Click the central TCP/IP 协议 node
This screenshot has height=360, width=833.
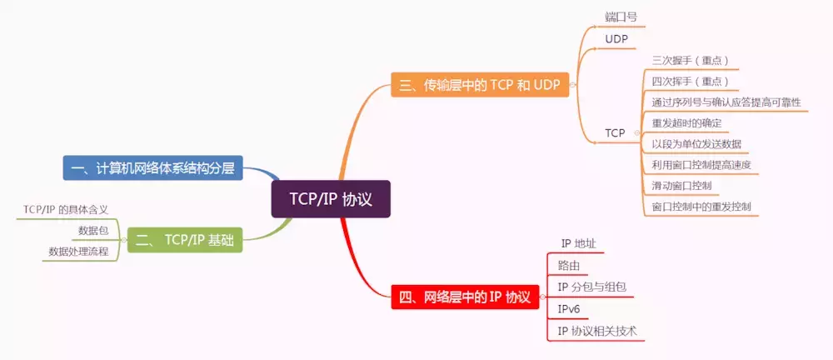(331, 200)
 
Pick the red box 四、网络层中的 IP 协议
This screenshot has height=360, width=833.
(463, 297)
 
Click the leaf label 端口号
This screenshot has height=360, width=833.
(621, 17)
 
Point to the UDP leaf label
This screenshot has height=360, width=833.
(616, 39)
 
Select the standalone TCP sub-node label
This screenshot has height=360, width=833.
(615, 132)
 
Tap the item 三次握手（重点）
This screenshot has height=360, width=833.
(691, 60)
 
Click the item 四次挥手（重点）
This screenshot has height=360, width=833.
(691, 81)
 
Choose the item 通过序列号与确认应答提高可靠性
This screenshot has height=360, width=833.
(726, 102)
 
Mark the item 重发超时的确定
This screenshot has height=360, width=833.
(686, 122)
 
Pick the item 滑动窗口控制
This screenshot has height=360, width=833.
(681, 185)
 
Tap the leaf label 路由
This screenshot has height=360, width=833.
(569, 266)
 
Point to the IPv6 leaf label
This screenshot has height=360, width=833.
(569, 309)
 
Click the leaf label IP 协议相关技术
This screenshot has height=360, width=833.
(596, 331)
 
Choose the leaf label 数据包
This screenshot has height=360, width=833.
(93, 230)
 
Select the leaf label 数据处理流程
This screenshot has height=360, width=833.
(78, 251)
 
